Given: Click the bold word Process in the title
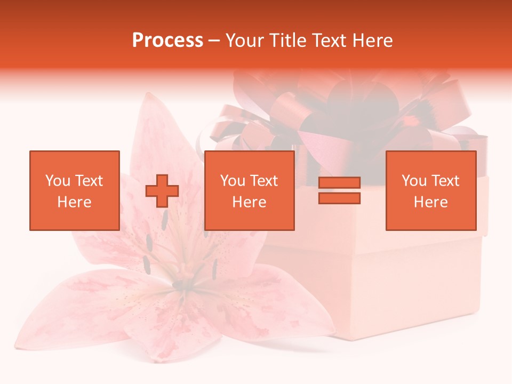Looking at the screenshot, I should [167, 41].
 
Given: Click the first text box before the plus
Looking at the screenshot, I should [74, 191].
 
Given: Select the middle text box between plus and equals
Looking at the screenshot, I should [249, 191].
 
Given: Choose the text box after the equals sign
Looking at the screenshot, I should [430, 191].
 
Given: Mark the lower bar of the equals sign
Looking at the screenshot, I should [339, 198].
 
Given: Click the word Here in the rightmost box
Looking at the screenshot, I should [430, 202].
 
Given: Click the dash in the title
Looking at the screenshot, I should [214, 41].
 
